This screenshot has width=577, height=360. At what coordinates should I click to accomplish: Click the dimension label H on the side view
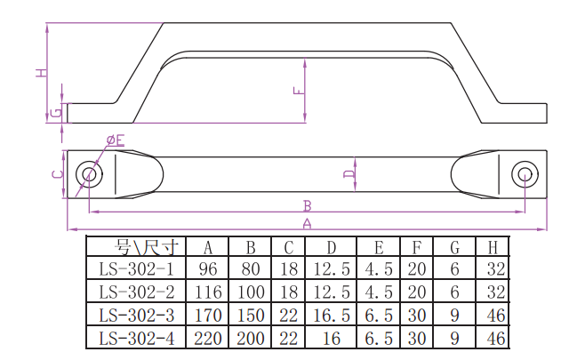[42, 73]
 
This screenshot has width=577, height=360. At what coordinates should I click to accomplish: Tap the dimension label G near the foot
[56, 112]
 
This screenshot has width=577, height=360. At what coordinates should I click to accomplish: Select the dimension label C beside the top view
[58, 174]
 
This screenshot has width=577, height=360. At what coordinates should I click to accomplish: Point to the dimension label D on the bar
[349, 173]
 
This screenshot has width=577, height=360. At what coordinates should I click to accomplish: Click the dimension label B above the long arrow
[308, 205]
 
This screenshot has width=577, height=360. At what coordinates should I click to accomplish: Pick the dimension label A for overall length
[307, 223]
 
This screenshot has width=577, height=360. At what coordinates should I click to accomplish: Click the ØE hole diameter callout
[116, 140]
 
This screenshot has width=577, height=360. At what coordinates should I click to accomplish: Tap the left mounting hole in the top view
[89, 174]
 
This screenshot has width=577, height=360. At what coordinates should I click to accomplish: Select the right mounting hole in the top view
[525, 174]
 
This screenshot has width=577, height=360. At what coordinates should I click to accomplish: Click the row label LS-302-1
[136, 269]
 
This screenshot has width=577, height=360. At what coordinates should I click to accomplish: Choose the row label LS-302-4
[136, 339]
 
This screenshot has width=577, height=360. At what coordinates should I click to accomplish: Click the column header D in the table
[332, 248]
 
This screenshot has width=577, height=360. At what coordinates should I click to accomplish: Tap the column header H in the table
[493, 248]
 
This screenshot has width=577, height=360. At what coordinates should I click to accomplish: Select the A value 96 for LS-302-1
[208, 269]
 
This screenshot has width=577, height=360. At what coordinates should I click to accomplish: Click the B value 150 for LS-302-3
[251, 316]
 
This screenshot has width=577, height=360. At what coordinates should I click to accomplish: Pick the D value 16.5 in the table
[332, 316]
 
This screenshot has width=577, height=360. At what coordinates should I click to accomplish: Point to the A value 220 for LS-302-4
[208, 339]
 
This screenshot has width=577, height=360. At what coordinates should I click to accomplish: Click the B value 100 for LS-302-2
[251, 292]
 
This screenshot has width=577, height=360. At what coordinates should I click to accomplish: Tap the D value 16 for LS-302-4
[332, 339]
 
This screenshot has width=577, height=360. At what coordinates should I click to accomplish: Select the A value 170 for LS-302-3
[208, 316]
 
